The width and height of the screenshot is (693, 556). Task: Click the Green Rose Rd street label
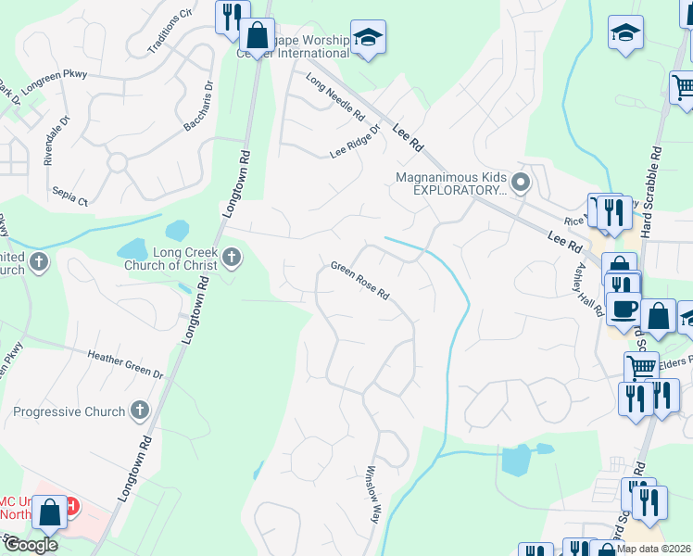(359, 282)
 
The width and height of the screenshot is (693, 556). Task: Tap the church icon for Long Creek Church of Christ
(231, 259)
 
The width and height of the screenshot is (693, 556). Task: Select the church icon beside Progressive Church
(140, 408)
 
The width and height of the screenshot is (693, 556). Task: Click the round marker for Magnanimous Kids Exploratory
(521, 183)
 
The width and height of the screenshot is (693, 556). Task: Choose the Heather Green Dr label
(125, 363)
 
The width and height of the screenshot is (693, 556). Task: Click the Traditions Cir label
(170, 32)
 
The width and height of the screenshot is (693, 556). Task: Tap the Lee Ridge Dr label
(356, 142)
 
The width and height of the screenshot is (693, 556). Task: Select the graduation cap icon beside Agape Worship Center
(368, 37)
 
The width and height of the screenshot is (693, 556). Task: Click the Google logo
(30, 545)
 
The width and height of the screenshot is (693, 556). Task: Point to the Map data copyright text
(653, 549)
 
